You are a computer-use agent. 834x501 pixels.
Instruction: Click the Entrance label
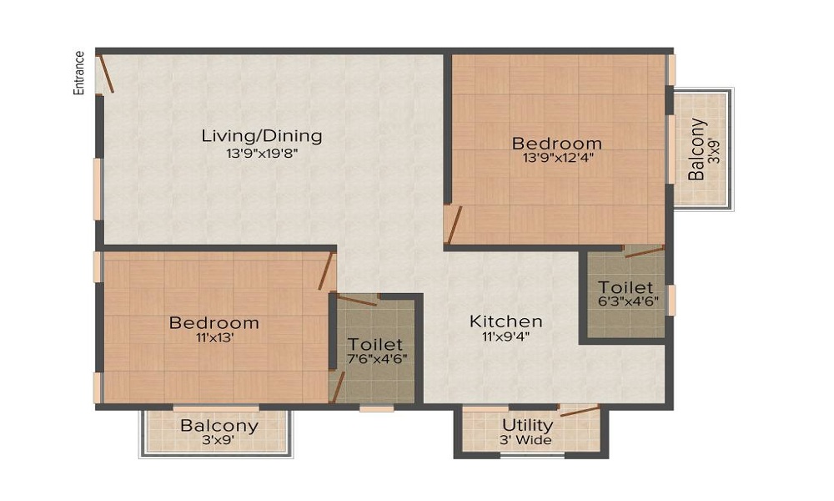click(x=80, y=73)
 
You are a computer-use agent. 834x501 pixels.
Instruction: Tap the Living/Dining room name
click(x=262, y=136)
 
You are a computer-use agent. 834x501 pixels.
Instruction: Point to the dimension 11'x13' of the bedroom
click(x=214, y=338)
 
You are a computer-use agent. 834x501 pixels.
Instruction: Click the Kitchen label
click(x=505, y=321)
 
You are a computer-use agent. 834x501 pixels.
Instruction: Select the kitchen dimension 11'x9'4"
click(x=505, y=337)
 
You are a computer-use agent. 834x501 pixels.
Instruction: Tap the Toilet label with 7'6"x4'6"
click(x=375, y=344)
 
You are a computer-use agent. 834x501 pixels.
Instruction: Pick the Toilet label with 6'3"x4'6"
click(x=625, y=288)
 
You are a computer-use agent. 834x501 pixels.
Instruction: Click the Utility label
click(x=527, y=425)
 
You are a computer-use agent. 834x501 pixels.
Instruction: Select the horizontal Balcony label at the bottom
click(x=219, y=425)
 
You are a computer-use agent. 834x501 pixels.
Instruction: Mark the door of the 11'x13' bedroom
click(x=326, y=271)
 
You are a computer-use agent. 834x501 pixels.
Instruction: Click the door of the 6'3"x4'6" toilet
click(x=644, y=250)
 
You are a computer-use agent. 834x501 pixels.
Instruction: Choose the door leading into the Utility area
click(x=579, y=411)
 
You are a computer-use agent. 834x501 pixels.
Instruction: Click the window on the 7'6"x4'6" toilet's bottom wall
click(x=376, y=408)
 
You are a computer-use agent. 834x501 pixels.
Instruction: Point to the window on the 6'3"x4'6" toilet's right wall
click(x=671, y=300)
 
